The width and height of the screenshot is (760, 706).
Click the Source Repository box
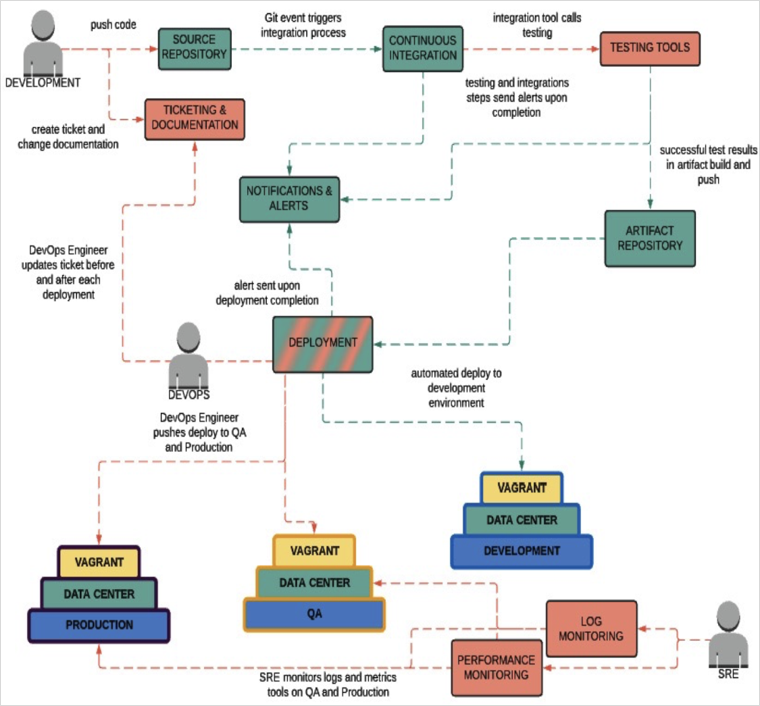pyautogui.click(x=195, y=49)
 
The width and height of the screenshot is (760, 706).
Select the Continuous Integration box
pyautogui.click(x=423, y=49)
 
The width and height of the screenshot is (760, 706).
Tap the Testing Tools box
pyautogui.click(x=650, y=49)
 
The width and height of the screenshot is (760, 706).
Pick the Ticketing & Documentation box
pyautogui.click(x=195, y=120)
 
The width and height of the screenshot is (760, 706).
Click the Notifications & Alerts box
pyautogui.click(x=289, y=199)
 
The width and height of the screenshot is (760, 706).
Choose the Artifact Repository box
pyautogui.click(x=650, y=238)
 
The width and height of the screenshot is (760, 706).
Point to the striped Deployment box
pyautogui.click(x=323, y=345)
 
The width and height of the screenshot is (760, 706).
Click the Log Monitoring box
pyautogui.click(x=591, y=628)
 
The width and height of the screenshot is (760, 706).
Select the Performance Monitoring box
pyautogui.click(x=497, y=667)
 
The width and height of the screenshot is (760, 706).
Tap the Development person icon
pyautogui.click(x=43, y=44)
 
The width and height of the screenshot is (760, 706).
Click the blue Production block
pyautogui.click(x=99, y=626)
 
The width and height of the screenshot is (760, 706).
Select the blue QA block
pyautogui.click(x=314, y=614)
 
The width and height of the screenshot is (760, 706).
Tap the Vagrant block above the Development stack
pyautogui.click(x=522, y=488)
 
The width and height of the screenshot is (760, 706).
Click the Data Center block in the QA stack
pyautogui.click(x=314, y=582)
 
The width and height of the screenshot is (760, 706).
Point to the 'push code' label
pyautogui.click(x=113, y=25)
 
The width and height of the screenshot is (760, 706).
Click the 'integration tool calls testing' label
pyautogui.click(x=537, y=25)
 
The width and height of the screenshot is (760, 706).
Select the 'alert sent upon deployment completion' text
pyautogui.click(x=267, y=293)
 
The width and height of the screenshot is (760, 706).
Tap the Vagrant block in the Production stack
pyautogui.click(x=99, y=562)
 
